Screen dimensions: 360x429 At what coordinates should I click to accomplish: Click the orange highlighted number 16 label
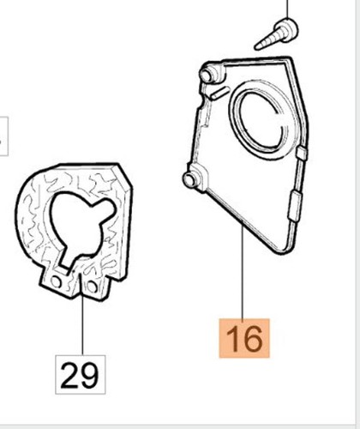tap(244, 338)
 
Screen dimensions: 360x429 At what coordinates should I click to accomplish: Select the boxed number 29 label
tap(81, 375)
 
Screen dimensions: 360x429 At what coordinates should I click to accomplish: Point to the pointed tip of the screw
tap(256, 48)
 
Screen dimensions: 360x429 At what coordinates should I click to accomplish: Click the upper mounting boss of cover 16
tap(211, 74)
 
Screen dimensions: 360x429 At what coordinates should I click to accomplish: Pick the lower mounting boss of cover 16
tap(195, 178)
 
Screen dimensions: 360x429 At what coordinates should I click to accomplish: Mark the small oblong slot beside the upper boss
tap(220, 93)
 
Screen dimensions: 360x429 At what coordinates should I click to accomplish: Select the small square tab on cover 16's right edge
tap(302, 153)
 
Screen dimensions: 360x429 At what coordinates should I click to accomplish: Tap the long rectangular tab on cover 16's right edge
tap(295, 206)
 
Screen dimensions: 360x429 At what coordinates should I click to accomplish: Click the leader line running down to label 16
tap(243, 271)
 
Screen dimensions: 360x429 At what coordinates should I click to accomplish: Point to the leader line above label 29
tap(82, 314)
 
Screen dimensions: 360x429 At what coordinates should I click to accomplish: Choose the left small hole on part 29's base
tap(56, 282)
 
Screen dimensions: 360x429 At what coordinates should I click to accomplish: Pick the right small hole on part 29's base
tap(92, 287)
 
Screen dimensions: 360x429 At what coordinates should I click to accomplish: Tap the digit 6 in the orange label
tap(254, 339)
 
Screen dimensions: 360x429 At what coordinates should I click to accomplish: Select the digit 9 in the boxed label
tap(89, 375)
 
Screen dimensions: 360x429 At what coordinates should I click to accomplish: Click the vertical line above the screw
tap(287, 9)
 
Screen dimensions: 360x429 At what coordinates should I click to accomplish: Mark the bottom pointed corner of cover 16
tap(281, 252)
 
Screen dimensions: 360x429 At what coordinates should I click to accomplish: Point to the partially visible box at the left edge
tap(3, 136)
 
